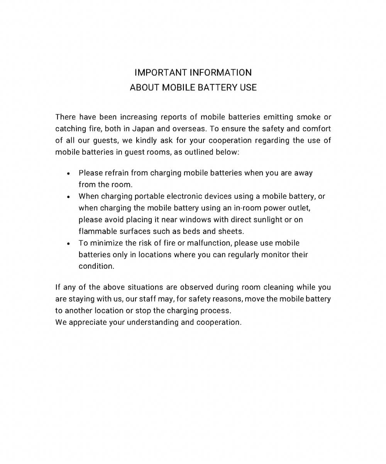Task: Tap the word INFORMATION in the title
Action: (221, 73)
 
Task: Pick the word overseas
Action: (189, 129)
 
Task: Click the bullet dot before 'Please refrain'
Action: (68, 174)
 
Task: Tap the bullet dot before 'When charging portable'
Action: (68, 197)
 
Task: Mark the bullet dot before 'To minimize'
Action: (68, 244)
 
